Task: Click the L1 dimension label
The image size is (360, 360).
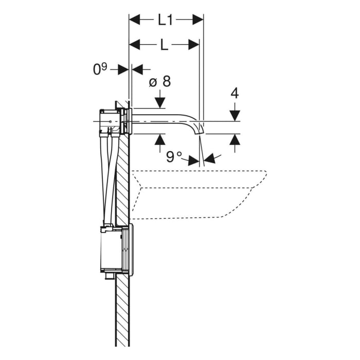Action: (166, 20)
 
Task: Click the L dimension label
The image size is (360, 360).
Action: (164, 45)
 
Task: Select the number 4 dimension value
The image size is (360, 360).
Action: (235, 93)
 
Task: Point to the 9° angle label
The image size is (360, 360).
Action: (172, 156)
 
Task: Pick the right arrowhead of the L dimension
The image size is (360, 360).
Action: (194, 45)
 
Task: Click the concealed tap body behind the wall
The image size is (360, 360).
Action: (111, 122)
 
